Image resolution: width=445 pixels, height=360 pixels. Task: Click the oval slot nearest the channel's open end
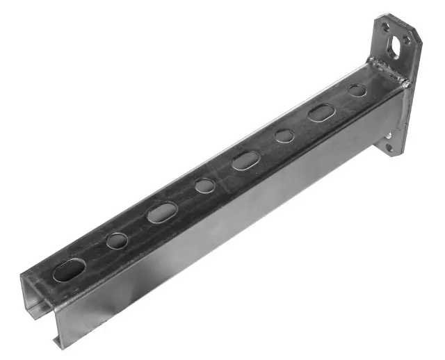pos(69,269)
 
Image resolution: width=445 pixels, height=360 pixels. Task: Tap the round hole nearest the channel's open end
pos(117,240)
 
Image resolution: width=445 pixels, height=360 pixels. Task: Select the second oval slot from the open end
pos(162,212)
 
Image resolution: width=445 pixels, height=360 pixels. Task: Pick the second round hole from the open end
pos(204,186)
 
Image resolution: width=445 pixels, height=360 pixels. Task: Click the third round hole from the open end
pos(284,136)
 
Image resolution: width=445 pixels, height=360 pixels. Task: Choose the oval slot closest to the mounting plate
pos(322,112)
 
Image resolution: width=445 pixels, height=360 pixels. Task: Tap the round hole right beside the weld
pos(357,90)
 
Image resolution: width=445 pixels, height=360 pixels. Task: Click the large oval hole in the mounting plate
pos(395,46)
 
